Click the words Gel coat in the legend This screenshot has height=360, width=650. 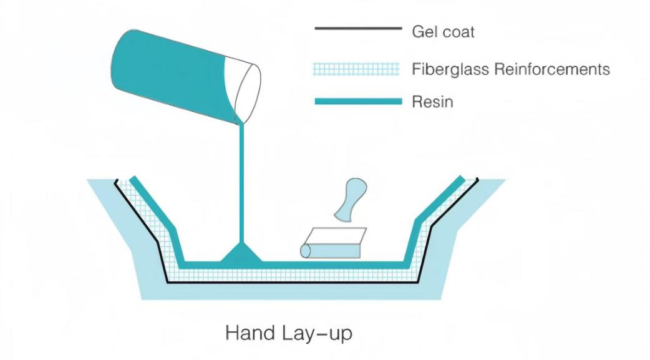pos(443,31)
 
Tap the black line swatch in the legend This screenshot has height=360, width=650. pos(358,29)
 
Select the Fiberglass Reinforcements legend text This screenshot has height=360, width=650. pos(510,69)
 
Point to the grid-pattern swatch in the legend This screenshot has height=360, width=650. pos(356,69)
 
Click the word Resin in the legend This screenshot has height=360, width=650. pos(432,102)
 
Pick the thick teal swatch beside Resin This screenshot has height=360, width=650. pos(358,101)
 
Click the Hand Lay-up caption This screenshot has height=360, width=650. pos(288,333)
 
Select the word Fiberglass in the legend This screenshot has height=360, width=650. pos(450,69)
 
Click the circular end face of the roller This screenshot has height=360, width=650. pos(306,251)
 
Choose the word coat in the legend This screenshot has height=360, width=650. pos(458,31)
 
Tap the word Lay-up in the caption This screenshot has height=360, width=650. pos(318,333)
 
